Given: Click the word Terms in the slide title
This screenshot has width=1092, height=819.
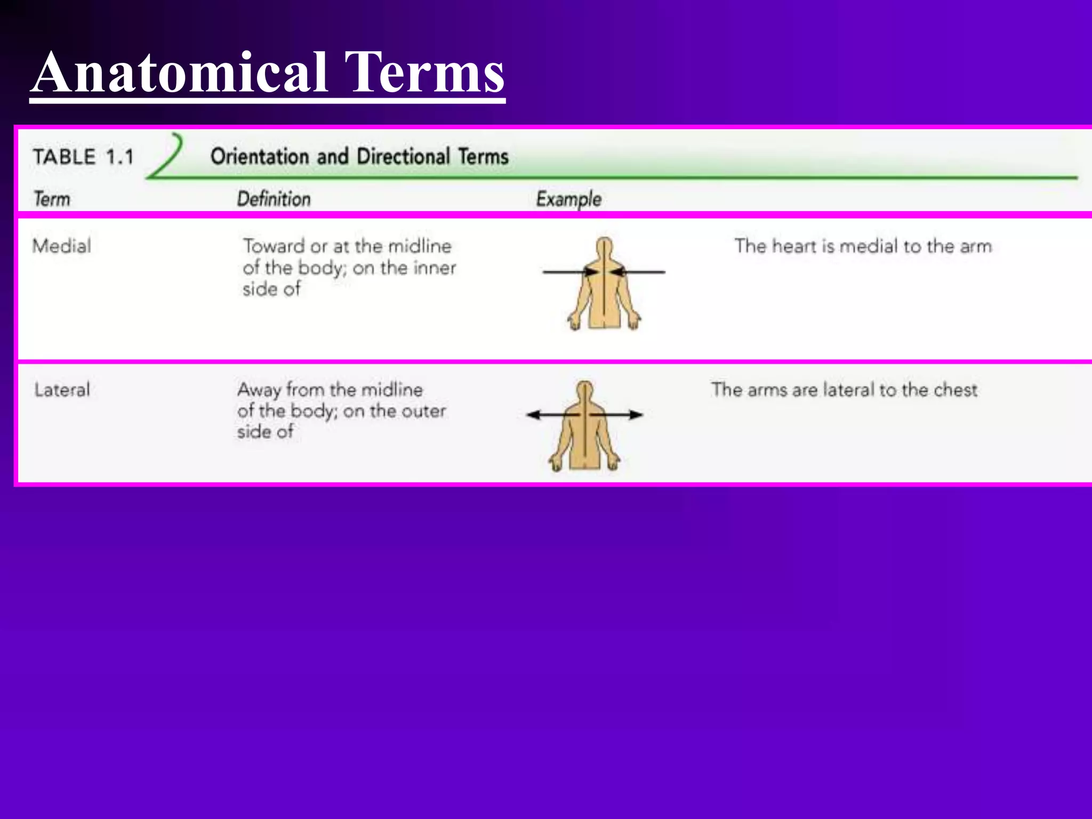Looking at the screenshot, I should (424, 73).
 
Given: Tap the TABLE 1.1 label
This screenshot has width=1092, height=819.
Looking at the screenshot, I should (83, 157).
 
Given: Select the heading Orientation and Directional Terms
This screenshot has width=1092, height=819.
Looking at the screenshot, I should (359, 157).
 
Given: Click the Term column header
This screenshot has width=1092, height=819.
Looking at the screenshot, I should (52, 199).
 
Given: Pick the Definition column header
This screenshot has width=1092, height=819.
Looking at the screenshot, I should (274, 199).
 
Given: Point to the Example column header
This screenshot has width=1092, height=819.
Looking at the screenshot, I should (568, 199).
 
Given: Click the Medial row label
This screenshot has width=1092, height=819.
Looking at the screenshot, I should (62, 246).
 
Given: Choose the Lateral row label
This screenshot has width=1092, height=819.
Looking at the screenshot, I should (62, 390).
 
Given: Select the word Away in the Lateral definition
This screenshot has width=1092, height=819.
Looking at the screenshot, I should (259, 390).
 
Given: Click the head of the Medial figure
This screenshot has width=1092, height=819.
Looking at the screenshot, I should (604, 247).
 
